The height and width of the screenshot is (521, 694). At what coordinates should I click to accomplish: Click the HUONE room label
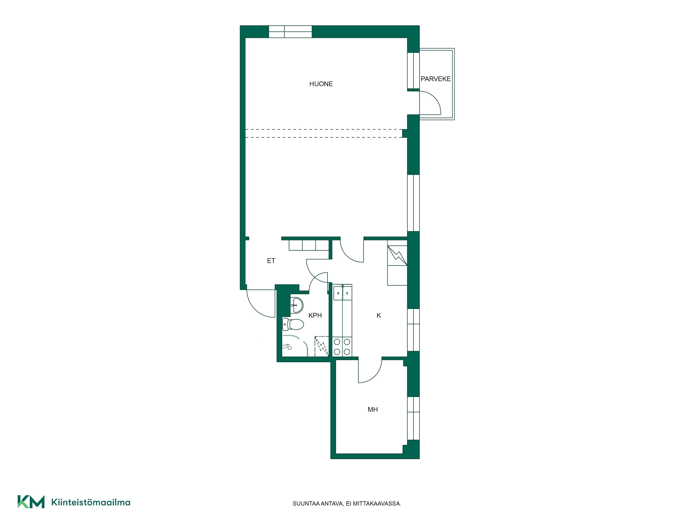point(321,84)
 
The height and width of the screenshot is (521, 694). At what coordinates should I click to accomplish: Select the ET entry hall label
point(271,261)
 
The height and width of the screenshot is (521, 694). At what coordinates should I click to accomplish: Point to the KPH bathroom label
point(315,315)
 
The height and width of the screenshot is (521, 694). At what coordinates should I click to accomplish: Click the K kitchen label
point(379,315)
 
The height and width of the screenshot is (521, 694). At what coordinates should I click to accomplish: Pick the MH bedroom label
point(373,410)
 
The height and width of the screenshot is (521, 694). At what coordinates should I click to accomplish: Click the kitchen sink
point(342,292)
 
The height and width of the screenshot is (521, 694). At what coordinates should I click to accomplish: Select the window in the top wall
point(291,32)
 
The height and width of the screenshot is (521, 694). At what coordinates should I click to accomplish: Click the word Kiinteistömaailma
point(91,502)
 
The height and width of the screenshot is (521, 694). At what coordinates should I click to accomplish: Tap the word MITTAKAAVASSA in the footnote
point(377,504)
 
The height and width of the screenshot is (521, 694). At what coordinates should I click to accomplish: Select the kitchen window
point(413,330)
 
